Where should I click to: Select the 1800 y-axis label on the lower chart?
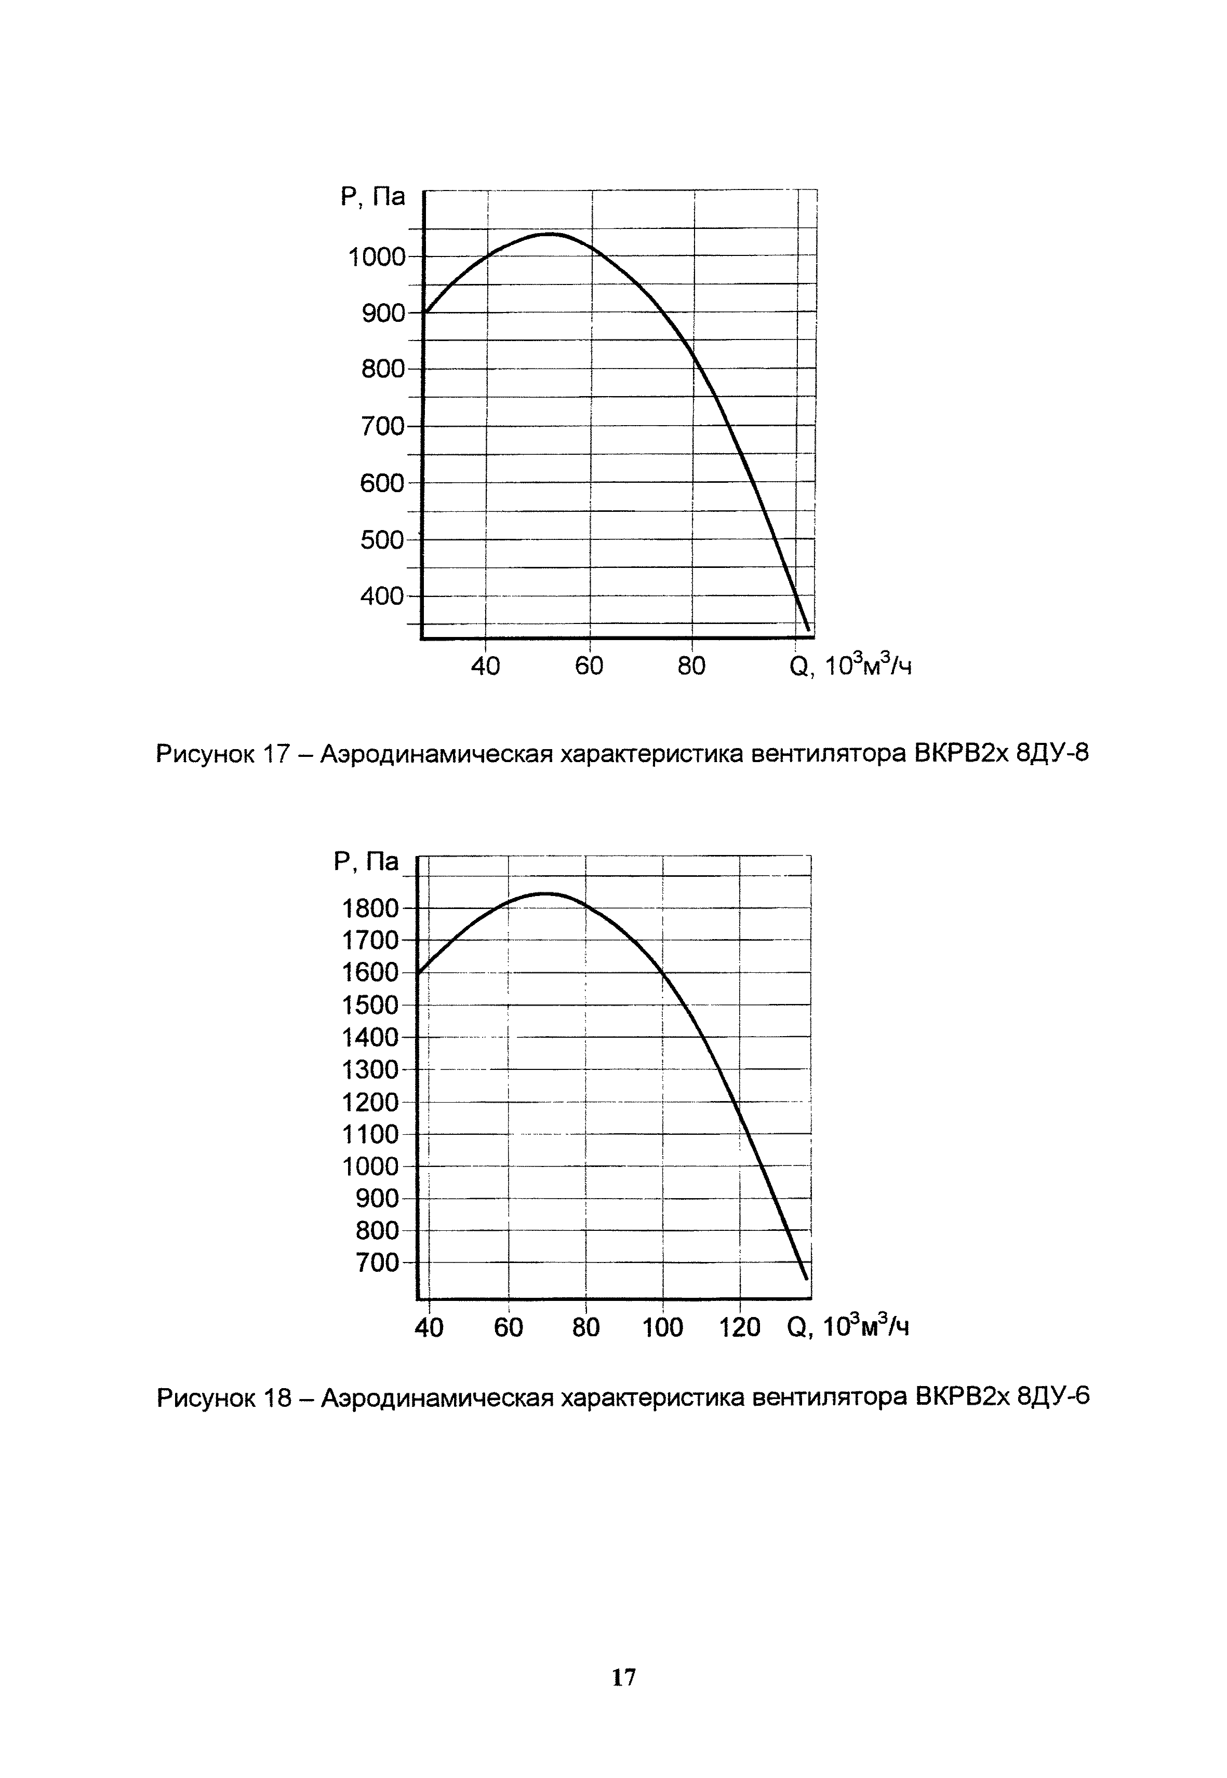(x=370, y=909)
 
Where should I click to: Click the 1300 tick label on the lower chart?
(x=370, y=1070)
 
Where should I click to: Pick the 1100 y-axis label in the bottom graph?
(x=370, y=1135)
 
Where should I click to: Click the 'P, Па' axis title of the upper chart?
(x=373, y=197)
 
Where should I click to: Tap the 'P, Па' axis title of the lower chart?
(x=367, y=862)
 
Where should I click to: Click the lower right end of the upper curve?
(x=807, y=629)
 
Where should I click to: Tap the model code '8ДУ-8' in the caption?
(x=1052, y=754)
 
